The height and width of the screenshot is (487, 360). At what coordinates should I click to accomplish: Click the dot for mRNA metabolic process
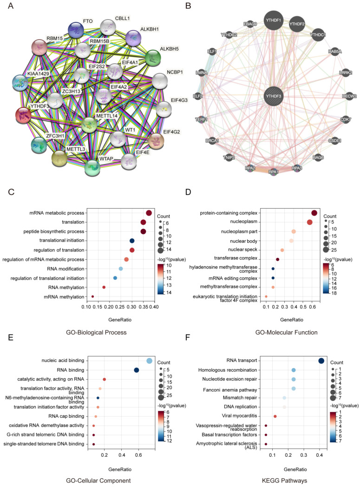(149, 213)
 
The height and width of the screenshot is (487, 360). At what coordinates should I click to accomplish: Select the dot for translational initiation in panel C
(132, 241)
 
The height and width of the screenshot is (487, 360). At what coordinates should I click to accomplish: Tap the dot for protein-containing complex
(314, 213)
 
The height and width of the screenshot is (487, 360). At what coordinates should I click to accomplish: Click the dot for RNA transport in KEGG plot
(321, 361)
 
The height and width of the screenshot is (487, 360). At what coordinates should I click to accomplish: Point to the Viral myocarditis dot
(275, 416)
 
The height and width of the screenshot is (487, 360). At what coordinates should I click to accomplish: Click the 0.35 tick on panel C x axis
(143, 307)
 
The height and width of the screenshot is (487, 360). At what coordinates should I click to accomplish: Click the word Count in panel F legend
(338, 362)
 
